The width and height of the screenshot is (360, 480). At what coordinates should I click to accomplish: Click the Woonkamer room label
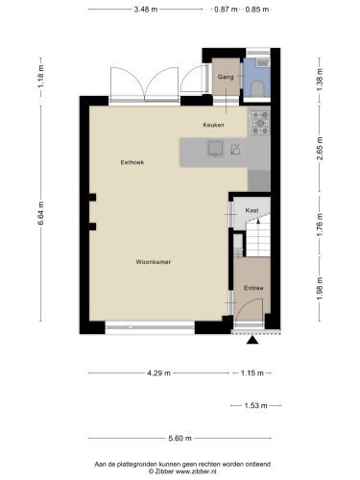click(x=154, y=262)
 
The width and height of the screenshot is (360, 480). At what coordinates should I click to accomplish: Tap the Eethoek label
click(x=132, y=162)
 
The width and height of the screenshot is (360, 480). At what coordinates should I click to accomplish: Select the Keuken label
click(x=213, y=125)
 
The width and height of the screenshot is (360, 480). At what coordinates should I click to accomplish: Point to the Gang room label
click(x=226, y=77)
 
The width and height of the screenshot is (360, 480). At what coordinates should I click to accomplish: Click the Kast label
click(x=252, y=210)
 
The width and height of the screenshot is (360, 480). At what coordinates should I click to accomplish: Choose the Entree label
click(x=253, y=288)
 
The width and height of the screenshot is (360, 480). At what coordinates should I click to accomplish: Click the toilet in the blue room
click(x=257, y=89)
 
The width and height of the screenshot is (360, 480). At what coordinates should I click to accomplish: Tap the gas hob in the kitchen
click(x=259, y=122)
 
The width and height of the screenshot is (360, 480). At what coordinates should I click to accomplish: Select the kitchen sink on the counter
click(x=216, y=149)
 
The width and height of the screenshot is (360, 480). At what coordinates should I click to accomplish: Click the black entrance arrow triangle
click(x=252, y=340)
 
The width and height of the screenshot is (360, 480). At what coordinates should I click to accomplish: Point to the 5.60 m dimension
click(x=180, y=438)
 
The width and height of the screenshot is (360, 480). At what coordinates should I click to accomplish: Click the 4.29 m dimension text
click(x=158, y=372)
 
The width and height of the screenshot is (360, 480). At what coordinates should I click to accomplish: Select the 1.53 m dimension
click(x=255, y=405)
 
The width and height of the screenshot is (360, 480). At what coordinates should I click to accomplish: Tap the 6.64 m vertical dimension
click(x=40, y=213)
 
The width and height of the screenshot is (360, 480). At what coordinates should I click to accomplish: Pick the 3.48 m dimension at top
click(x=146, y=10)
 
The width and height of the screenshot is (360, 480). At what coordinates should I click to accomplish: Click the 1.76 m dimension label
click(x=320, y=225)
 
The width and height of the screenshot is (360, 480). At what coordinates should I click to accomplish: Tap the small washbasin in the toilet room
click(x=263, y=61)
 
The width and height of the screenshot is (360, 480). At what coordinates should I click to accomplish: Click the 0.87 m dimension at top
click(x=226, y=10)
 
